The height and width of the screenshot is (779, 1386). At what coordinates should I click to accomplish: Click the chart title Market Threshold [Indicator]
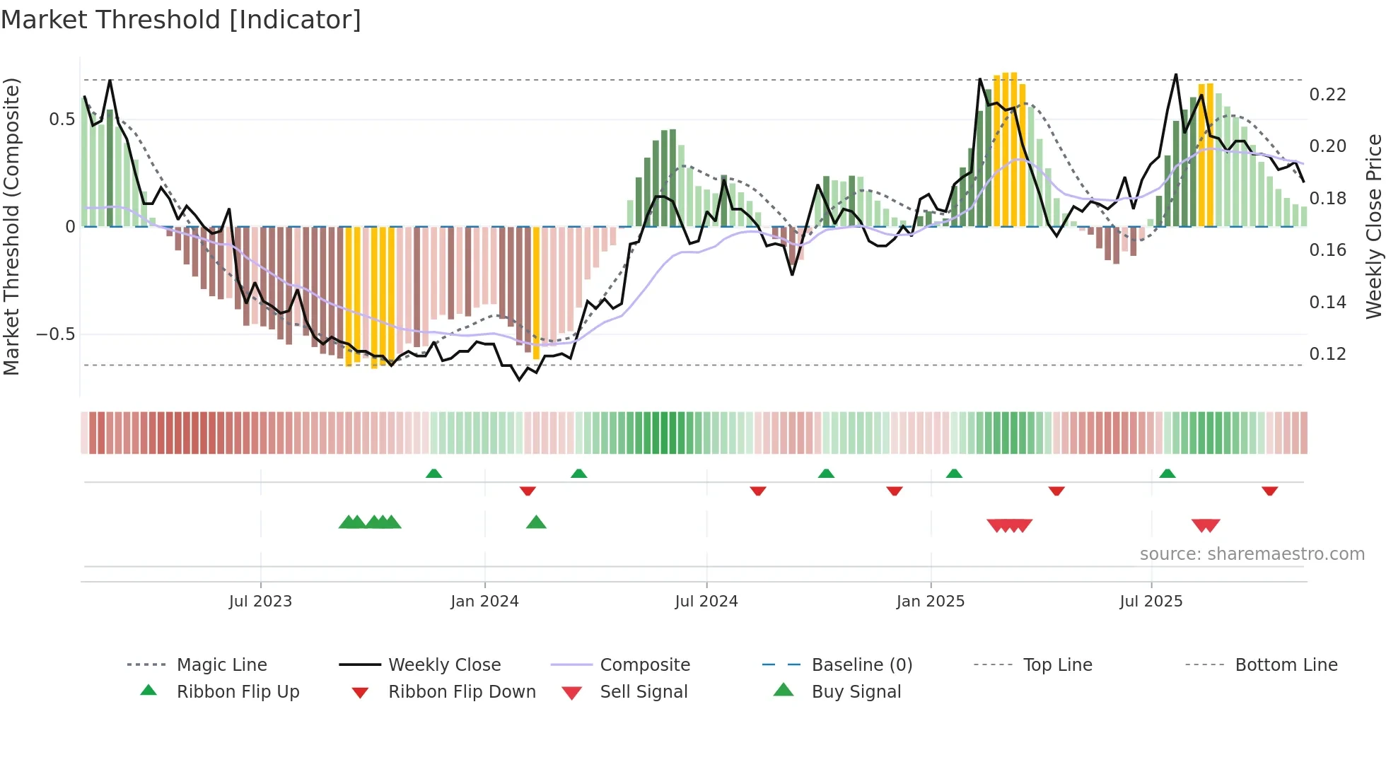pyautogui.click(x=181, y=20)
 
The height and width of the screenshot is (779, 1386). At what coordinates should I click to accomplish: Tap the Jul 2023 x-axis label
pyautogui.click(x=260, y=602)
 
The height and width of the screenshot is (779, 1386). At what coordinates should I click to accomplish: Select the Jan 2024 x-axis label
pyautogui.click(x=484, y=602)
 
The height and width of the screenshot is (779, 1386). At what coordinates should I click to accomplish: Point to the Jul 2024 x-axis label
pyautogui.click(x=706, y=602)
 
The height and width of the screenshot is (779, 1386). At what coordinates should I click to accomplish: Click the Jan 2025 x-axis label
pyautogui.click(x=930, y=602)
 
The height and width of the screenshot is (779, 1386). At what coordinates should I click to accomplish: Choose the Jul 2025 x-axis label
pyautogui.click(x=1151, y=602)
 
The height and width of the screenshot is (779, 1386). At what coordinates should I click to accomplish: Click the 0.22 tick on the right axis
pyautogui.click(x=1327, y=95)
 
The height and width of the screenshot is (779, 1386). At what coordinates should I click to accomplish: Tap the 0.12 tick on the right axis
pyautogui.click(x=1327, y=354)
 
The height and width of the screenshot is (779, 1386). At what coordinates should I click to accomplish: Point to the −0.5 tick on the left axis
pyautogui.click(x=55, y=334)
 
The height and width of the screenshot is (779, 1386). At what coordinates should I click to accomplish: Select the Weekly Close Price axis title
pyautogui.click(x=1373, y=226)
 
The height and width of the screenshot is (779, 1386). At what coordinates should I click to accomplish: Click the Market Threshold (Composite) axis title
pyautogui.click(x=11, y=226)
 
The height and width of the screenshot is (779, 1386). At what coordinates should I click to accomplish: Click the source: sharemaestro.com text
pyautogui.click(x=1252, y=554)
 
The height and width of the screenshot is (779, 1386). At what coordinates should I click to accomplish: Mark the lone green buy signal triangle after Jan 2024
pyautogui.click(x=536, y=522)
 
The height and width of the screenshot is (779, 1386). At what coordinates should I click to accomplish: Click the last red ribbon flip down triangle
pyautogui.click(x=1269, y=491)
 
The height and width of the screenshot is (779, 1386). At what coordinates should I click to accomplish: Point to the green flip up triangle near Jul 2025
pyautogui.click(x=1167, y=473)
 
